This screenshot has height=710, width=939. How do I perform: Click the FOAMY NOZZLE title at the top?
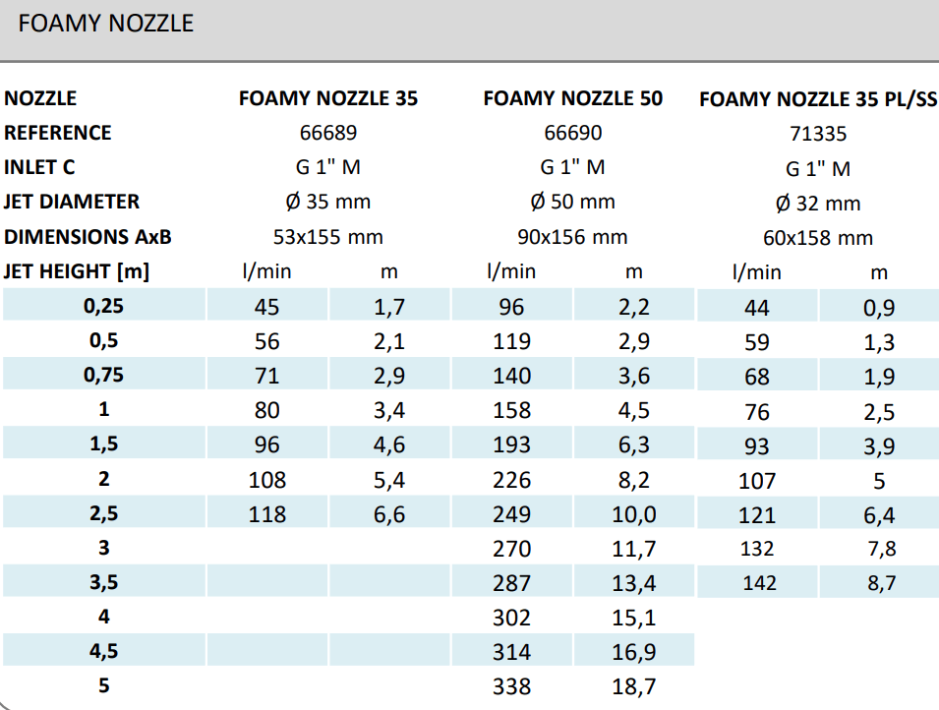[x=106, y=24]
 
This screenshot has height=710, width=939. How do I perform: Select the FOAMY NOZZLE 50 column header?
[x=573, y=98]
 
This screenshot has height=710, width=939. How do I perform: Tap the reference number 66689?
[x=328, y=133]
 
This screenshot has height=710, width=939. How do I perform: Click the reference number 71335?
[x=817, y=134]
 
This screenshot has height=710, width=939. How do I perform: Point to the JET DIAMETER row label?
[x=72, y=202]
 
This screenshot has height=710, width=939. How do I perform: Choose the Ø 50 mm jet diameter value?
[x=572, y=202]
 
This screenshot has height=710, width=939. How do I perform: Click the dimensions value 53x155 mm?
[x=327, y=237]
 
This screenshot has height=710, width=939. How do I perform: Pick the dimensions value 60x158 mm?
[x=817, y=238]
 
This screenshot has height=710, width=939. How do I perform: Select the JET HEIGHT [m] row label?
[x=77, y=271]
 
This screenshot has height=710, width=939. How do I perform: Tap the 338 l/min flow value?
[x=511, y=686]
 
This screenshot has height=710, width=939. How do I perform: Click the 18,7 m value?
[x=634, y=686]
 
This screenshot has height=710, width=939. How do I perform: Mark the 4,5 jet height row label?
[x=103, y=652]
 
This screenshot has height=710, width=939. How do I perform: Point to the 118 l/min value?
[x=267, y=514]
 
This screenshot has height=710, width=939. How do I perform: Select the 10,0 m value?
[x=634, y=514]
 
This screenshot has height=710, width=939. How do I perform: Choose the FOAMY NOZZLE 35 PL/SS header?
[x=817, y=99]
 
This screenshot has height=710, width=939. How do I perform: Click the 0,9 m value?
[x=879, y=308]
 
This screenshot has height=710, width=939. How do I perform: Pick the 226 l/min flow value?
[x=511, y=480]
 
